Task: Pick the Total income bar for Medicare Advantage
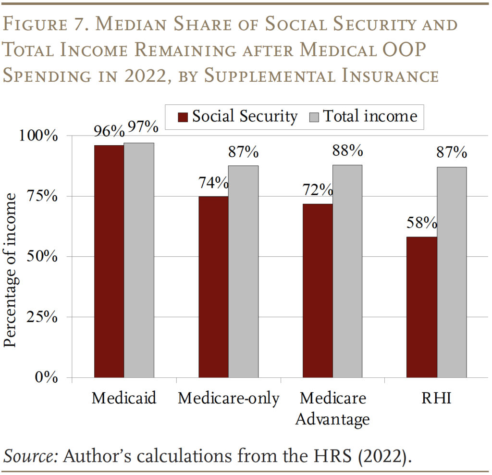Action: tap(347, 271)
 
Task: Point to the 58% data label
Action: tap(421, 223)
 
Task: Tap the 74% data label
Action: tap(213, 183)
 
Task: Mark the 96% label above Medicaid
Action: tap(109, 129)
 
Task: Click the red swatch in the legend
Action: tap(183, 117)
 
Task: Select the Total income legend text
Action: tap(370, 116)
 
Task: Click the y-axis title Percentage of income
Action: tap(11, 270)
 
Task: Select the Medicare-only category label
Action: tap(228, 399)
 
